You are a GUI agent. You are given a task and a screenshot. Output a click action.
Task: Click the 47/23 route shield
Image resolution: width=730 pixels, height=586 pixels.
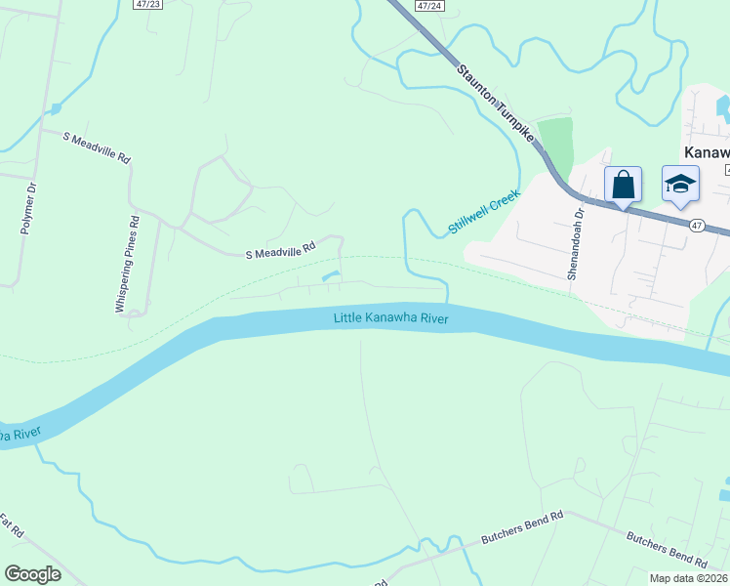[x=146, y=5]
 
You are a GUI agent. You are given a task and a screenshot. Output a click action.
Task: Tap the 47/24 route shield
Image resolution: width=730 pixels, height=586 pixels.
[x=426, y=5]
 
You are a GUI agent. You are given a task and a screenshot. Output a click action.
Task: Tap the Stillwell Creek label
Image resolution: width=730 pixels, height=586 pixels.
[x=485, y=212]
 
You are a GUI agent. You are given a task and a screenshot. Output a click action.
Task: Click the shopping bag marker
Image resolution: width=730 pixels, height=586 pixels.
[x=623, y=186]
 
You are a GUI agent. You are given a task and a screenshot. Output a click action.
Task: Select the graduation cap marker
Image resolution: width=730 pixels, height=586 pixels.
[x=680, y=185]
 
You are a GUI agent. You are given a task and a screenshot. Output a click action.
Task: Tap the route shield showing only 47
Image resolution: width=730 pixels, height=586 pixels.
[x=696, y=226]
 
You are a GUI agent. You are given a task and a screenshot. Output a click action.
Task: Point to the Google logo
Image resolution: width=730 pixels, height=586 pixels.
[x=32, y=574]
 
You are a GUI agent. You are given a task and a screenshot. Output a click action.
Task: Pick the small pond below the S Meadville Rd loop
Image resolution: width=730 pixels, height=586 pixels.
[x=331, y=276]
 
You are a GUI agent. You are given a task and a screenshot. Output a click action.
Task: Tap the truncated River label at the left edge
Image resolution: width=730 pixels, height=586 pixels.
[x=15, y=433]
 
